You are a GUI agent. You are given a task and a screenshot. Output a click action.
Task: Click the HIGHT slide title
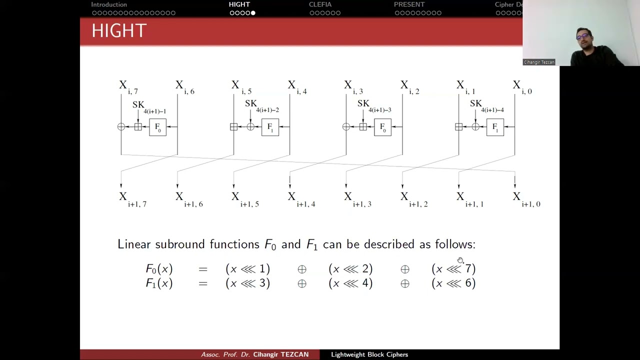coord(119,30)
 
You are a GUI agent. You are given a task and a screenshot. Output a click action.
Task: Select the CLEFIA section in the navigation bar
coord(320,4)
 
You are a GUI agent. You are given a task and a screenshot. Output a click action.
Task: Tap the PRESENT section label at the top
coord(409,4)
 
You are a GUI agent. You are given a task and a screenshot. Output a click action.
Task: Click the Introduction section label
coord(109,4)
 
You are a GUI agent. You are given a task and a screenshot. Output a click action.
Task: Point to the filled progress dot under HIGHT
coord(253,13)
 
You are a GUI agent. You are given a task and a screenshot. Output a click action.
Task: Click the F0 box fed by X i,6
coord(157,127)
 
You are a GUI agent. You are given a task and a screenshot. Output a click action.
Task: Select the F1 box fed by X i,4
coord(270,127)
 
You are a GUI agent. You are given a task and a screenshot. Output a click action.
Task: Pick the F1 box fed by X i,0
coord(495,127)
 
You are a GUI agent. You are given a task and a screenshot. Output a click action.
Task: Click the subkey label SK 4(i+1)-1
coord(149,107)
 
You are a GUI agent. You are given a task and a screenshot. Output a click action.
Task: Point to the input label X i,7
coord(128,87)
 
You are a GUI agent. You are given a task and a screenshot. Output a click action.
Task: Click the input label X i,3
coord(353,87)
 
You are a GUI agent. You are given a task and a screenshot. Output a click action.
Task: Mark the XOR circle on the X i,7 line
coord(121,127)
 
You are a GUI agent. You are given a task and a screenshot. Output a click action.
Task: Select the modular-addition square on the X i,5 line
coord(233,127)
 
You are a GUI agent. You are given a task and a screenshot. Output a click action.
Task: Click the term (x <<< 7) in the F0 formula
coord(453,269)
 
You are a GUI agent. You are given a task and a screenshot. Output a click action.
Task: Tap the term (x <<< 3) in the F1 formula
coord(247,283)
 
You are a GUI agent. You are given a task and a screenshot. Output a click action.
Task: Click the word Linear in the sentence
coord(134,244)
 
